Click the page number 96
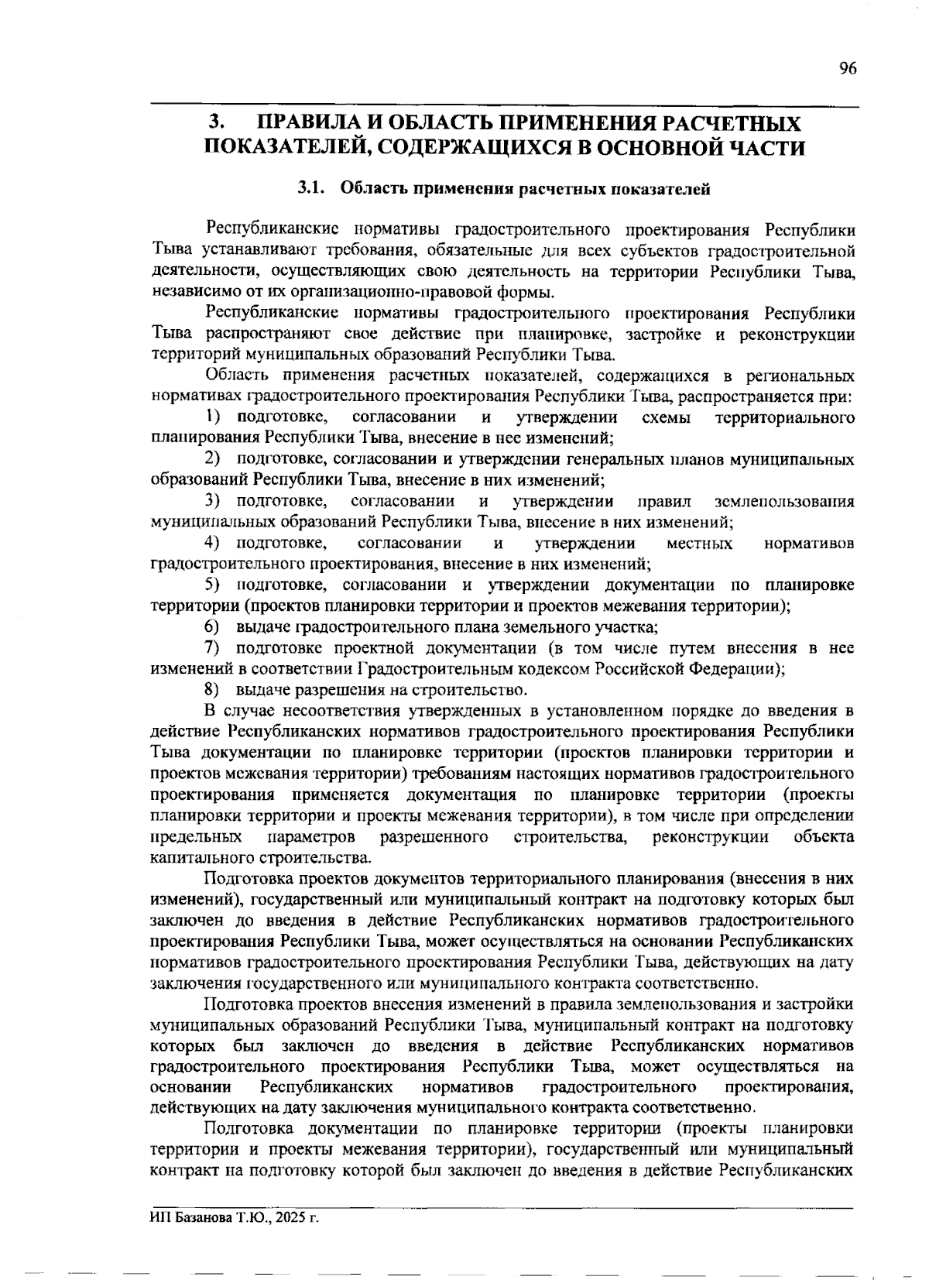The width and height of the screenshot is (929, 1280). coord(847,69)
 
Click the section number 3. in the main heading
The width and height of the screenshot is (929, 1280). coord(218,123)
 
